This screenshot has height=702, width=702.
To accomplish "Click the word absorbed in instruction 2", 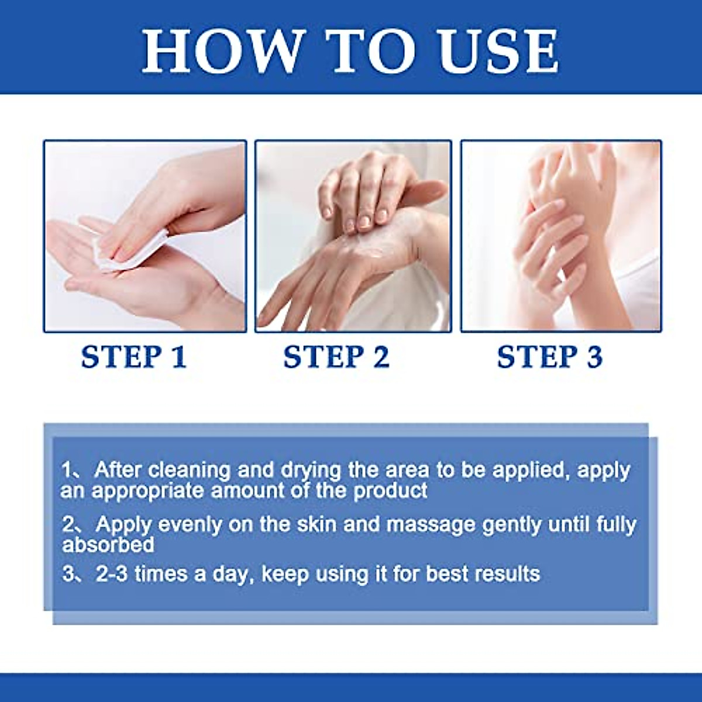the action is point(108,545).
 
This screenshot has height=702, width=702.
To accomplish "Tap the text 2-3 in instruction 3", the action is point(111,574).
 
